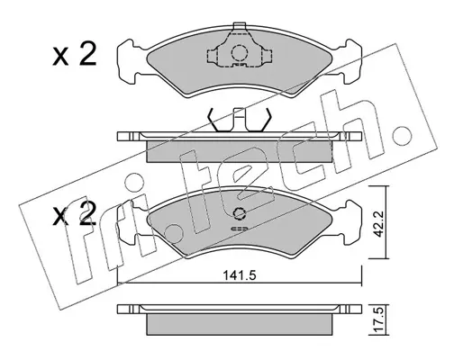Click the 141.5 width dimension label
tap(239, 275)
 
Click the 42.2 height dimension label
tap(379, 224)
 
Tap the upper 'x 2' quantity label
tap(75, 54)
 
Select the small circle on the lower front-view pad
tap(240, 213)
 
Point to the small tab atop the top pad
tap(240, 26)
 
